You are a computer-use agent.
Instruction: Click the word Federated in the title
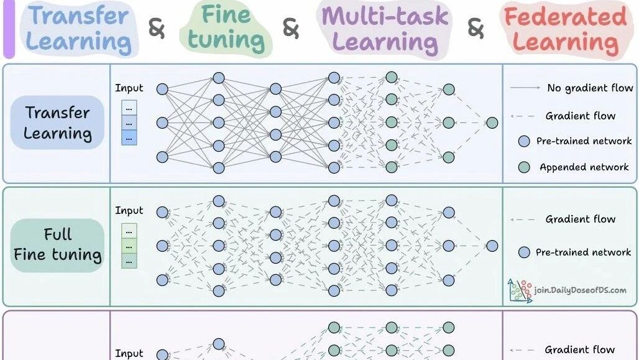pyautogui.click(x=565, y=17)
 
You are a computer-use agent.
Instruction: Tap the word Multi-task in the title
pyautogui.click(x=385, y=16)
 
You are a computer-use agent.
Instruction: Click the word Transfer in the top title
pyautogui.click(x=79, y=16)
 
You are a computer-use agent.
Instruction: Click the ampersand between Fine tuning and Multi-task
pyautogui.click(x=290, y=29)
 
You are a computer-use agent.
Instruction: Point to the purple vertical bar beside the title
pyautogui.click(x=9, y=29)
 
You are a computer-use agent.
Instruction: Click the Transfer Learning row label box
pyautogui.click(x=57, y=122)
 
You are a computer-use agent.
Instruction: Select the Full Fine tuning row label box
pyautogui.click(x=57, y=246)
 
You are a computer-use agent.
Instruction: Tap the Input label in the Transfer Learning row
pyautogui.click(x=129, y=88)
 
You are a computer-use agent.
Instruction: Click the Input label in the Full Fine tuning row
pyautogui.click(x=129, y=210)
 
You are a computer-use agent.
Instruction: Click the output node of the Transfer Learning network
pyautogui.click(x=492, y=122)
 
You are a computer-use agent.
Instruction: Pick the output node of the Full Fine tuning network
pyautogui.click(x=492, y=246)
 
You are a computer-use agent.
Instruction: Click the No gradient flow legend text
pyautogui.click(x=590, y=88)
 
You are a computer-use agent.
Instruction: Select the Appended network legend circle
pyautogui.click(x=523, y=167)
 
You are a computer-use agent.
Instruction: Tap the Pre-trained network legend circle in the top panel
pyautogui.click(x=523, y=141)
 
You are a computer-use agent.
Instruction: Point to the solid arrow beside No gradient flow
pyautogui.click(x=525, y=88)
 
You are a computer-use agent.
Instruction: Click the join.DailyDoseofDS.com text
pyautogui.click(x=580, y=290)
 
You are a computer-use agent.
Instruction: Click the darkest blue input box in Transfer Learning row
pyautogui.click(x=129, y=138)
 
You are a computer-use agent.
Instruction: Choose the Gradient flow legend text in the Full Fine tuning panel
pyautogui.click(x=581, y=219)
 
